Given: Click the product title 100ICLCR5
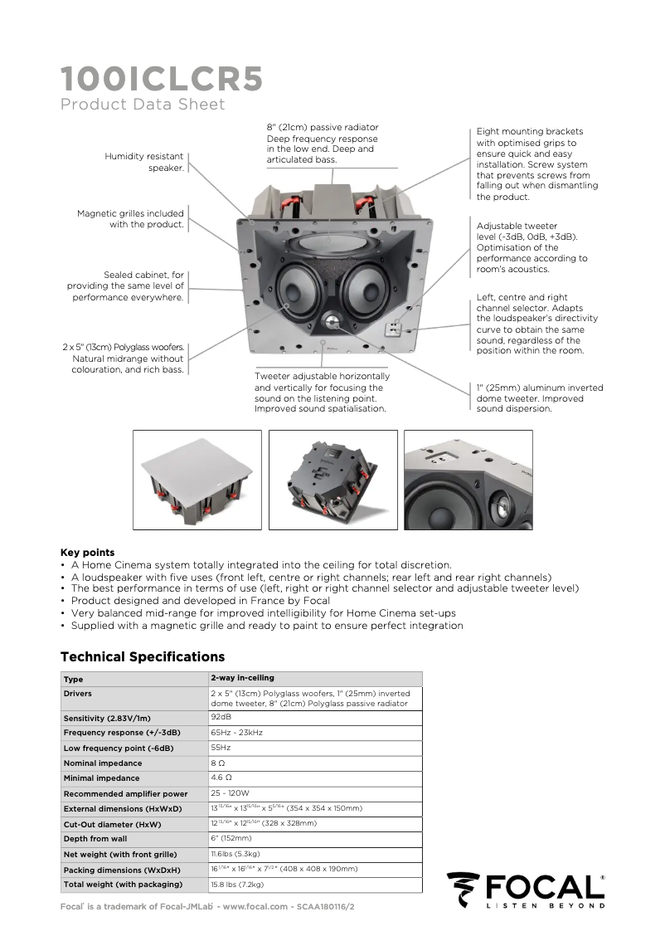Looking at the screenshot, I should click(162, 79).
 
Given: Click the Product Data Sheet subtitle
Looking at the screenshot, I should click(143, 105).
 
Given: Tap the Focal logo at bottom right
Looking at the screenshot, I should click(526, 890).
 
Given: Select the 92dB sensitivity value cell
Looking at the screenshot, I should click(221, 716).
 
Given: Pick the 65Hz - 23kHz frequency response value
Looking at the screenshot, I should click(236, 732).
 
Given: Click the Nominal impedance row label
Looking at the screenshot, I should click(103, 763).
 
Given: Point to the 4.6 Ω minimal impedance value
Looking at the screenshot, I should click(221, 778).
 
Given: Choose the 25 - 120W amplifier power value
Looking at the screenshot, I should click(230, 793).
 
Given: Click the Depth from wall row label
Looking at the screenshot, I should click(95, 838).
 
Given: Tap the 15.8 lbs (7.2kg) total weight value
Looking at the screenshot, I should click(237, 884).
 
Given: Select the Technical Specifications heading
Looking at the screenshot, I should click(143, 656).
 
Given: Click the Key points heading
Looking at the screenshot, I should click(88, 552).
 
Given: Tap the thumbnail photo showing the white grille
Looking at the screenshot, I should click(197, 480).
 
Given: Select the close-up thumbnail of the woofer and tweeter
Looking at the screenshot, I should click(468, 480).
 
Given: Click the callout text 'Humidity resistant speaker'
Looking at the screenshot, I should click(143, 162).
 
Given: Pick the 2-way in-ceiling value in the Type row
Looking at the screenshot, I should click(242, 678).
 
